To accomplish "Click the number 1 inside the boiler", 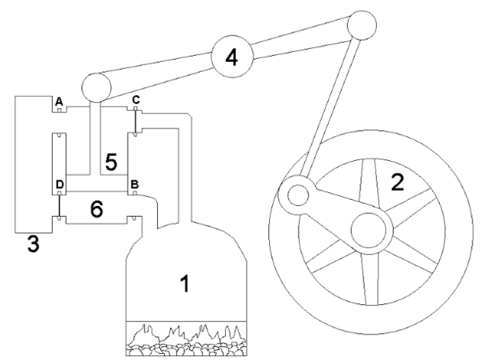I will (183, 285).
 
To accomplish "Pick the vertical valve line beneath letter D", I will (58, 206).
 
